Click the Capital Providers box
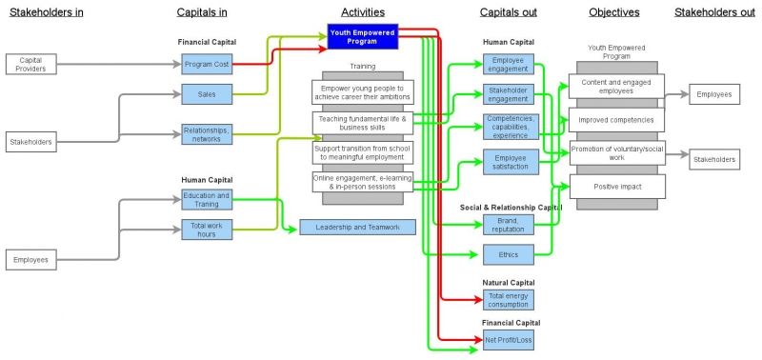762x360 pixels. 31,64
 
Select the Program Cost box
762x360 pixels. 207,64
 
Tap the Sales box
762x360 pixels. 207,94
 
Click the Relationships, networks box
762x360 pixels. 207,134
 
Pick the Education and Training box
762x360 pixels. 207,199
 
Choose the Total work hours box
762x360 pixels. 207,229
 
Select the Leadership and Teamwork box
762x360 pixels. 357,227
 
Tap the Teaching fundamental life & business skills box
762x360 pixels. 363,123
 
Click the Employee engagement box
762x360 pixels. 508,65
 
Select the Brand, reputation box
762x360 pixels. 508,225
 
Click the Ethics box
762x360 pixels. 508,254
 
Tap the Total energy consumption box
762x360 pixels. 508,299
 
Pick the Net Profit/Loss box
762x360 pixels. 508,339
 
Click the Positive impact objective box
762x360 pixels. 616,186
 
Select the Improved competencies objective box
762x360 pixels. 616,120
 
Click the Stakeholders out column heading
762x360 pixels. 715,12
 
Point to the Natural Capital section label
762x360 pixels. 508,283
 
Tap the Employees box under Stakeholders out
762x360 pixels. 713,94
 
